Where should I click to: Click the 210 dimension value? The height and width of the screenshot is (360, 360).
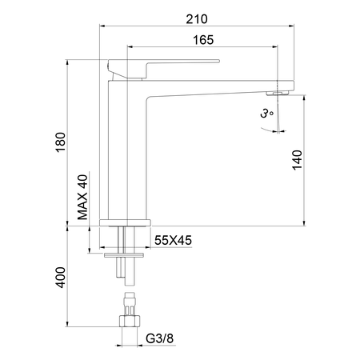(x=197, y=19)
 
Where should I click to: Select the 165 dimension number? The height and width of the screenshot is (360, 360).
(x=203, y=40)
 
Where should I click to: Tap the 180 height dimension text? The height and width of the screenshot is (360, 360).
(x=61, y=142)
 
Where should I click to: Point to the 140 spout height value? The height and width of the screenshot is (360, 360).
(x=298, y=160)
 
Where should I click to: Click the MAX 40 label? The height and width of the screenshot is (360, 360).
(x=82, y=197)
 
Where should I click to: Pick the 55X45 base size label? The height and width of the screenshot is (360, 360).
(x=173, y=240)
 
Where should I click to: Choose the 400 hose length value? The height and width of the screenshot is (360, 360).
(x=61, y=278)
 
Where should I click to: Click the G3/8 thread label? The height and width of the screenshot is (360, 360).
(x=159, y=338)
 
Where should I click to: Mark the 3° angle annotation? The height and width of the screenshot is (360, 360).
(x=267, y=114)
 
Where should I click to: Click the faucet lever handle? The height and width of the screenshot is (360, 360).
(x=163, y=69)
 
